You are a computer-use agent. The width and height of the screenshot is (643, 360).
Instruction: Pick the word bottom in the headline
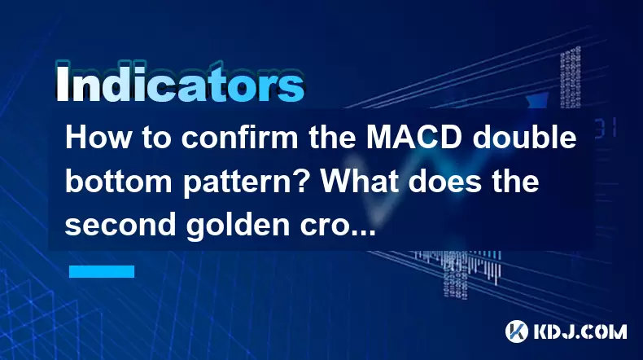click(x=119, y=182)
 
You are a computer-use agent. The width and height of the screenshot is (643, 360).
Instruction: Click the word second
click(x=120, y=224)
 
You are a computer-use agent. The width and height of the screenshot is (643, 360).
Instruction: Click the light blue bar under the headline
click(x=102, y=271)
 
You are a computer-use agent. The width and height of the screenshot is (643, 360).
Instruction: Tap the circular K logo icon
click(x=517, y=331)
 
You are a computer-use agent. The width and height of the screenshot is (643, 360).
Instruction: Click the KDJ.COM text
click(x=580, y=331)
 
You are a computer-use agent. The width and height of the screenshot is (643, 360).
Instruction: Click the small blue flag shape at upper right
click(x=538, y=101)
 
